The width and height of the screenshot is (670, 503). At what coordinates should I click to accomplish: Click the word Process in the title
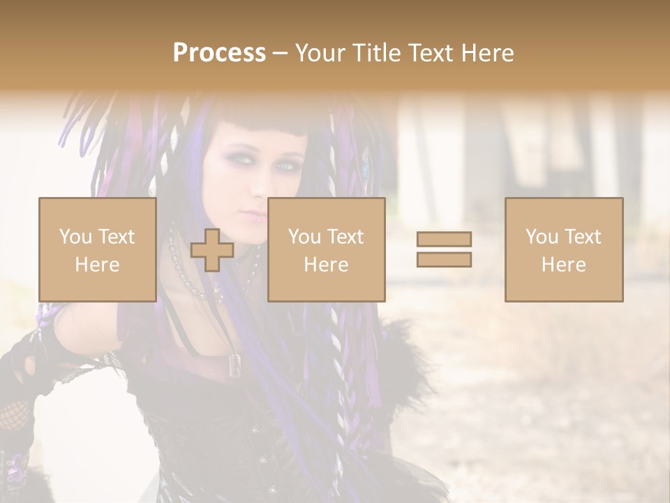click(x=219, y=53)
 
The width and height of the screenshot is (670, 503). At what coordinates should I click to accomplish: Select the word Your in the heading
click(x=322, y=53)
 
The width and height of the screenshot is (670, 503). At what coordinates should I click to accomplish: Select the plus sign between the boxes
click(x=212, y=250)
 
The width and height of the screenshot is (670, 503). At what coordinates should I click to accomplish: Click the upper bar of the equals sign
click(x=444, y=239)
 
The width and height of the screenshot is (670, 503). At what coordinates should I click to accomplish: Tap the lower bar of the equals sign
click(x=444, y=260)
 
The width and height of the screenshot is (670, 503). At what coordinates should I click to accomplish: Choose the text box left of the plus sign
click(x=97, y=249)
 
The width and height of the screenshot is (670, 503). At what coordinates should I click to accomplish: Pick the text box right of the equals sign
click(x=563, y=249)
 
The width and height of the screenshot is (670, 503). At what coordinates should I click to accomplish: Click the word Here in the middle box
click(x=326, y=265)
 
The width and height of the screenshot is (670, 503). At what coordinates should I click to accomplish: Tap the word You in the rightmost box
click(x=540, y=237)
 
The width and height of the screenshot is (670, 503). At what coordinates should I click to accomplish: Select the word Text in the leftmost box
click(x=116, y=237)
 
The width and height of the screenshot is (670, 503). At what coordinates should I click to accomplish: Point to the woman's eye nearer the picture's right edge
click(x=285, y=166)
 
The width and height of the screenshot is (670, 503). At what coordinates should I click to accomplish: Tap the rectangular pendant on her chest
click(x=236, y=363)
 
